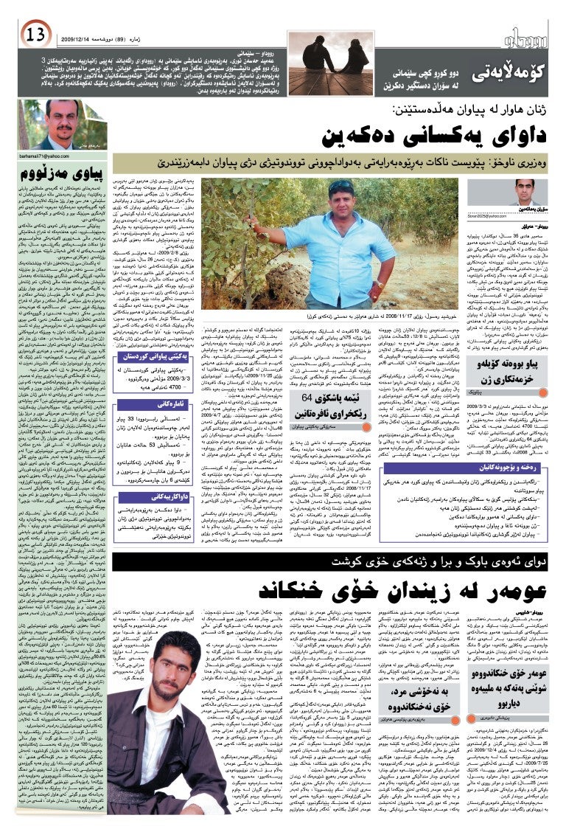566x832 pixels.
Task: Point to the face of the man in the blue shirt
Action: click(x=340, y=196)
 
